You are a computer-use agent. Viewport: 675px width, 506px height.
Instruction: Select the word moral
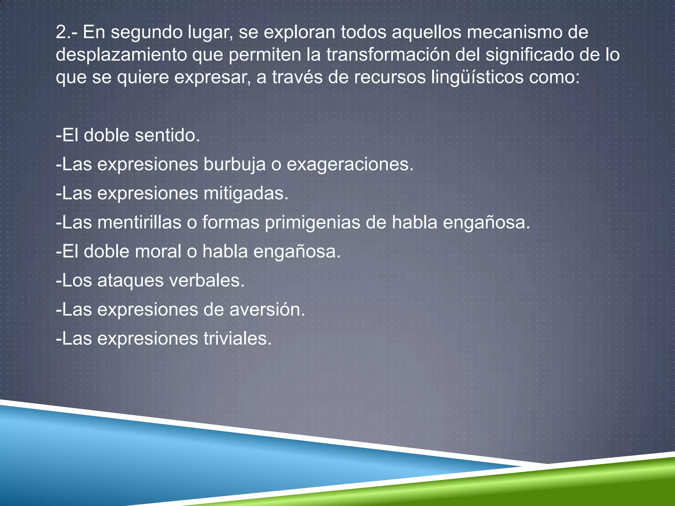(x=158, y=251)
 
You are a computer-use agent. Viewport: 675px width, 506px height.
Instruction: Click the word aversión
(x=267, y=310)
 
